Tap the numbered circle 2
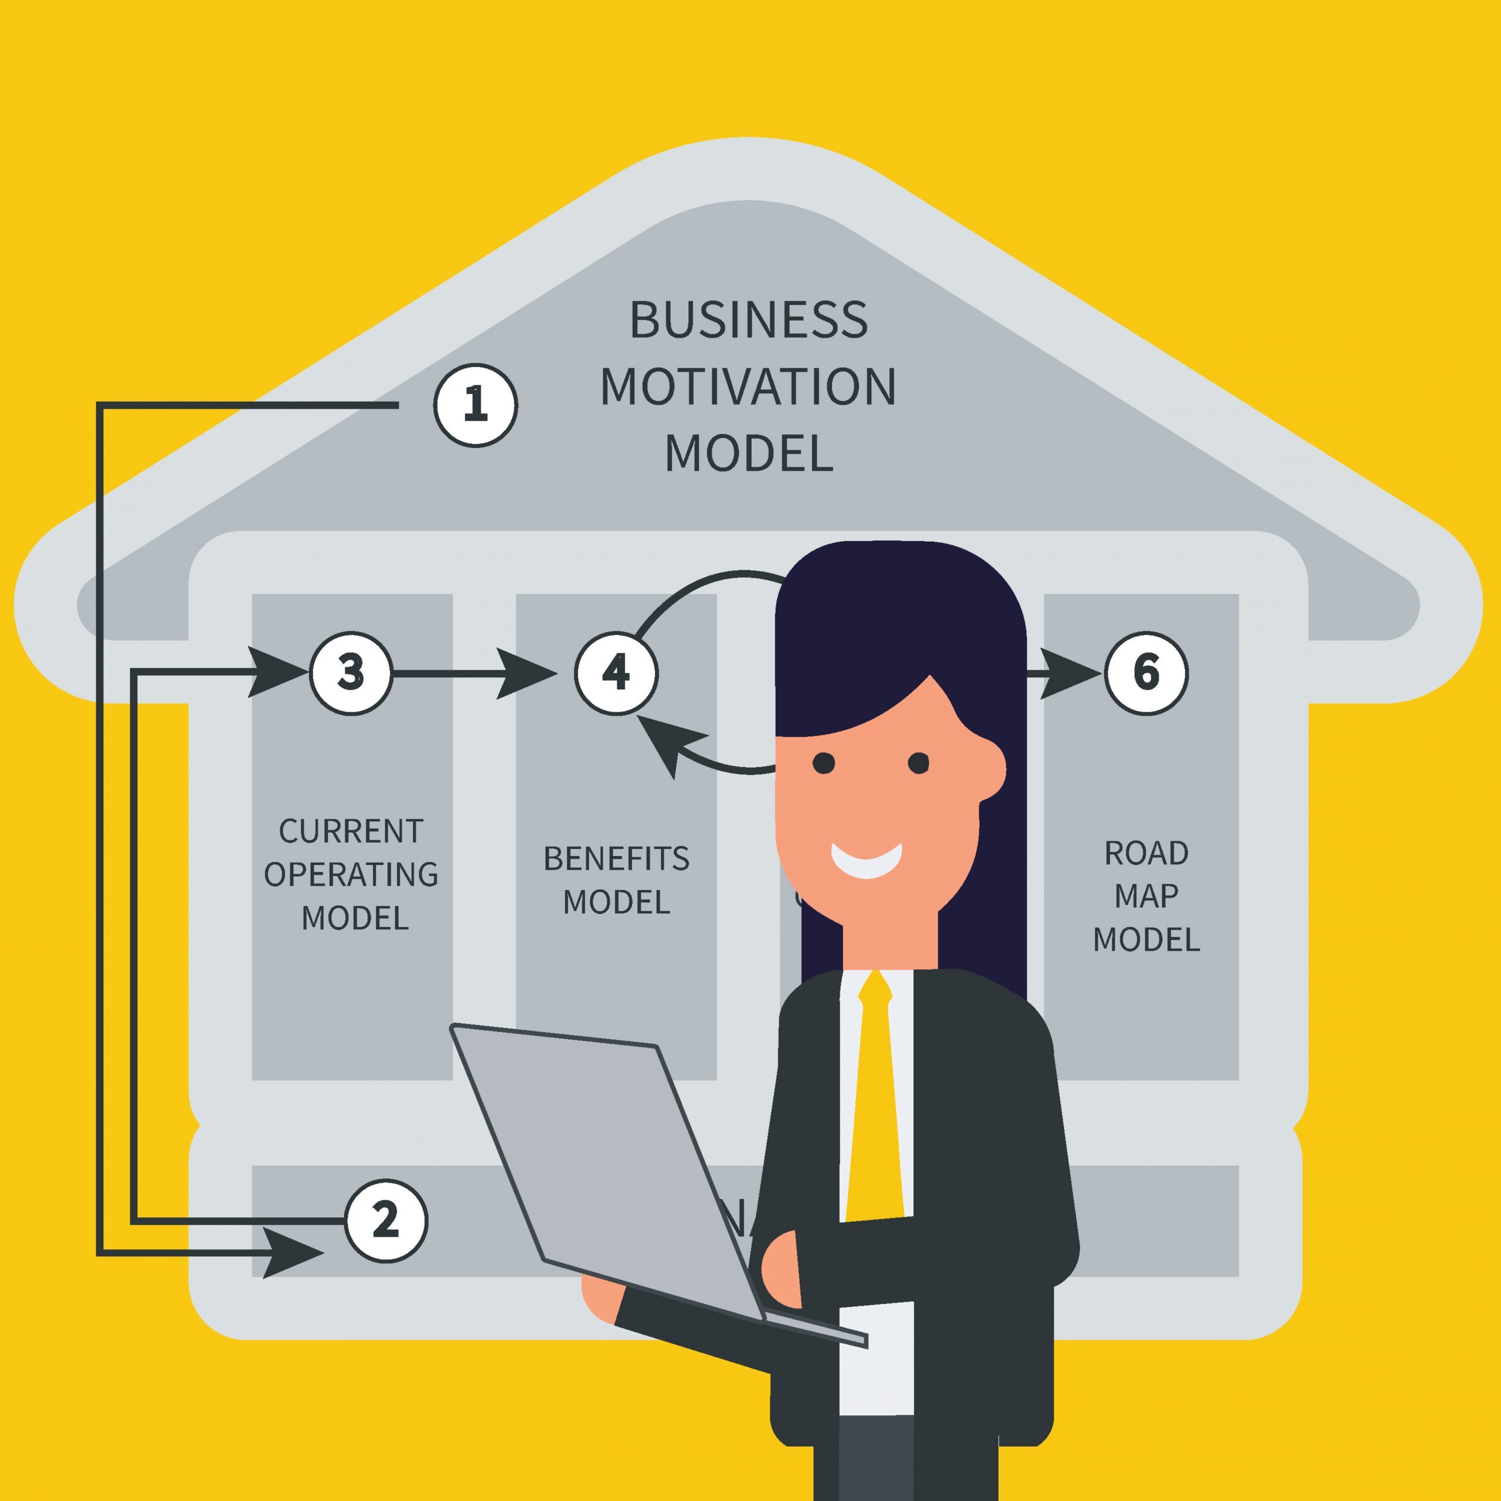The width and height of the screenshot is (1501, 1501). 385,1221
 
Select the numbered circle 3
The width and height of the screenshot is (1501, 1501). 351,673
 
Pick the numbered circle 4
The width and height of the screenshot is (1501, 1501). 616,673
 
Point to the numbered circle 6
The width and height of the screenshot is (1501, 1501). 1146,673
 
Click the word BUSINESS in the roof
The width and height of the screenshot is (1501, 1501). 748,320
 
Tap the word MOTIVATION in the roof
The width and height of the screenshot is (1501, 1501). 748,386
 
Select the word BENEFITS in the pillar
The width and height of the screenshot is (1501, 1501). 616,858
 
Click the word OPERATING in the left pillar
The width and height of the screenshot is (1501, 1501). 351,875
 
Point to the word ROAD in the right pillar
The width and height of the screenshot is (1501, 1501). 1146,853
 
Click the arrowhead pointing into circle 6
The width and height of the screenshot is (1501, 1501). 1068,673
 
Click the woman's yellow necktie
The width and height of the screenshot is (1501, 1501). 875,1103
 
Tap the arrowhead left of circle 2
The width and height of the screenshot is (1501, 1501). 291,1252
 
